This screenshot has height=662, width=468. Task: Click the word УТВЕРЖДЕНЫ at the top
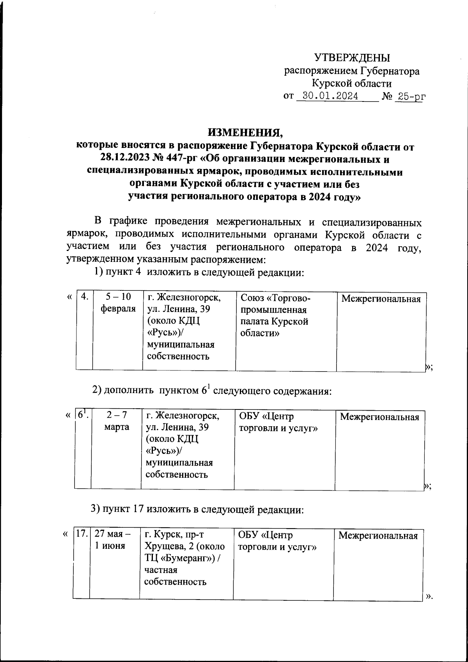[x=352, y=58]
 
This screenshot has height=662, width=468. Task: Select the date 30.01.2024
[x=330, y=96]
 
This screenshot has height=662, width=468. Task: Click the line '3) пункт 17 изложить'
[x=197, y=509]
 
